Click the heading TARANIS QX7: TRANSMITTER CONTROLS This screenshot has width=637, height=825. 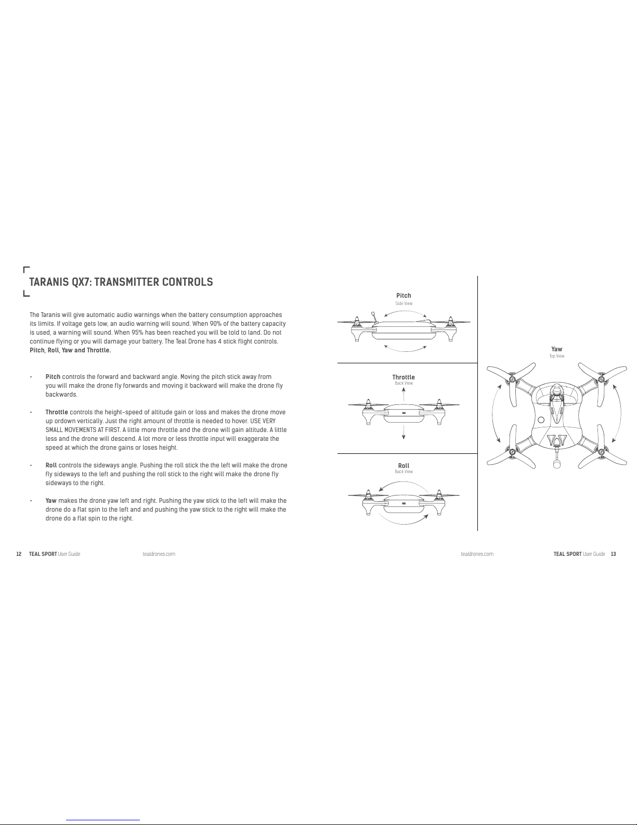point(121,282)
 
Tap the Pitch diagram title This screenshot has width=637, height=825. point(404,296)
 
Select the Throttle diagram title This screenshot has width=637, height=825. point(404,377)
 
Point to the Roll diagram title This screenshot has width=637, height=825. point(404,466)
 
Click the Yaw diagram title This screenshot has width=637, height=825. point(556,349)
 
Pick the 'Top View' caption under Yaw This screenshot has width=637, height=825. point(556,357)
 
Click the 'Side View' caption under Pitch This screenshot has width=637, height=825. point(404,303)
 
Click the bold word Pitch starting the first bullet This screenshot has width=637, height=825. point(53,377)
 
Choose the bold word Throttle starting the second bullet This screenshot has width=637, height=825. point(57,412)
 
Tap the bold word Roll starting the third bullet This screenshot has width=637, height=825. point(51,465)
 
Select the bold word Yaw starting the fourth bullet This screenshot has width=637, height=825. point(51,501)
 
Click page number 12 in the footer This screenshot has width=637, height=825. point(19,554)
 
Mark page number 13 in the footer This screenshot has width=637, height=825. point(614,554)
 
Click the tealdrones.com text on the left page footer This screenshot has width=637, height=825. point(159,554)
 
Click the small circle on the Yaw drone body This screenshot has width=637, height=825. point(541,420)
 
